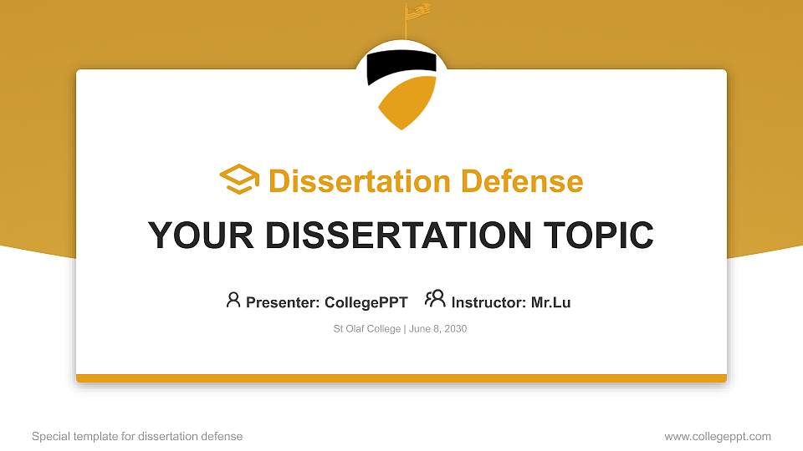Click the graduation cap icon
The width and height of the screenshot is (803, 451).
239,179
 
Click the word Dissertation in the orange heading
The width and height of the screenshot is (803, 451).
360,181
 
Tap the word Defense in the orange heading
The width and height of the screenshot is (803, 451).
522,181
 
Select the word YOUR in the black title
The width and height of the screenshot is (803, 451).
201,236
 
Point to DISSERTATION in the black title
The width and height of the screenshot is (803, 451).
398,236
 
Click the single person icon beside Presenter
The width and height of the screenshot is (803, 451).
233,300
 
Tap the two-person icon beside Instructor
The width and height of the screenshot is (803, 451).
435,299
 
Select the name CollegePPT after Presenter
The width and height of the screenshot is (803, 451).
366,302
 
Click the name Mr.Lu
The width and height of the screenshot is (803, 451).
550,302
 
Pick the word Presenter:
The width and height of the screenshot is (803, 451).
283,302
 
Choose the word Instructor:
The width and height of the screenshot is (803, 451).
488,302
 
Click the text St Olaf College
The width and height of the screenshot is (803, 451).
366,329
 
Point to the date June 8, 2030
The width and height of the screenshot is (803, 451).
437,329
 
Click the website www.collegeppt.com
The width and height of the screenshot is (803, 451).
718,436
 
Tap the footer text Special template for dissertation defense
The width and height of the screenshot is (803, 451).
137,436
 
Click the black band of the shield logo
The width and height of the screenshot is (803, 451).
401,65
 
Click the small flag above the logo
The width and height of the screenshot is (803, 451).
417,11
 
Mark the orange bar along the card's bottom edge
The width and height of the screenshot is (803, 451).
401,378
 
